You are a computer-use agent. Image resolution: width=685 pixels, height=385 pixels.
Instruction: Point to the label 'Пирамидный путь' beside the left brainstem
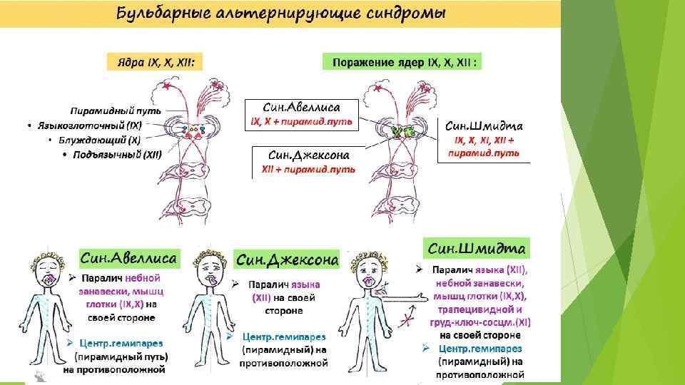point(116,111)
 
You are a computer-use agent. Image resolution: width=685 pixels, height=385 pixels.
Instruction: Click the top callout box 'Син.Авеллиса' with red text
point(302,115)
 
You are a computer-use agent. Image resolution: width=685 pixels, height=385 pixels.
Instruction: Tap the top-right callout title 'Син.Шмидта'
point(484,126)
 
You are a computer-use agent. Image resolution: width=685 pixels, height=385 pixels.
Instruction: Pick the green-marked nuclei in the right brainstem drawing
point(400,131)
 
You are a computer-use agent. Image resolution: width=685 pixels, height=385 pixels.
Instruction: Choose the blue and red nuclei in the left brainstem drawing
point(191,131)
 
